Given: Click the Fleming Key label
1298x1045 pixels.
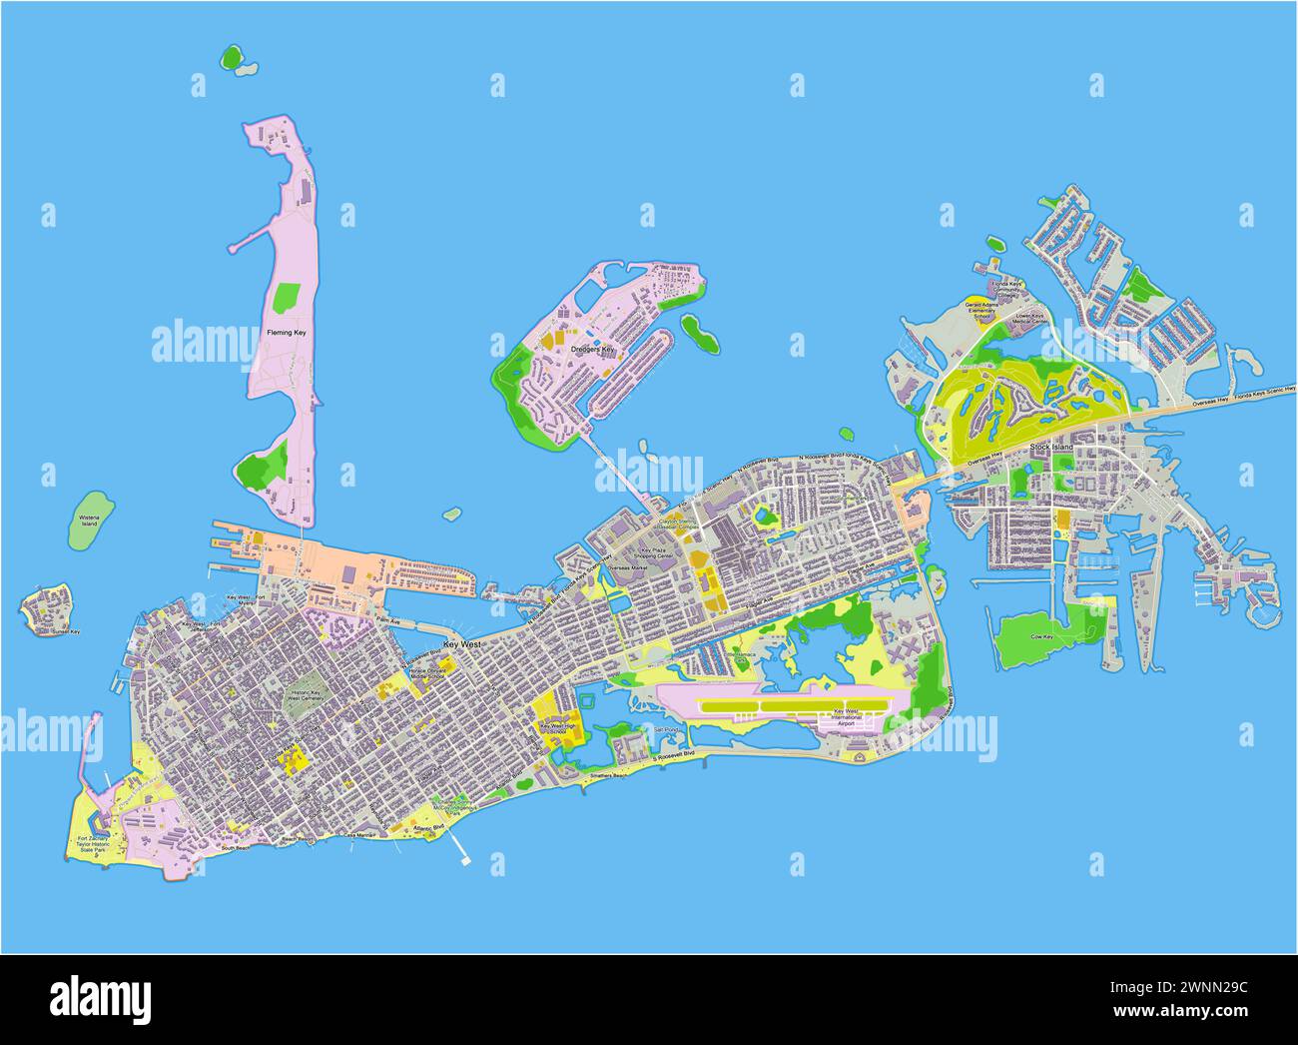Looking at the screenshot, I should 286,332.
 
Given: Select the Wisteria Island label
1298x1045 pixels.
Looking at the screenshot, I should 88,521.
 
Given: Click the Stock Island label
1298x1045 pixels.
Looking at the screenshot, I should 1051,447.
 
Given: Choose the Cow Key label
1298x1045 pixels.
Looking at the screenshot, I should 1041,635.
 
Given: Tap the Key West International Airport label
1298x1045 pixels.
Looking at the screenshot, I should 845,717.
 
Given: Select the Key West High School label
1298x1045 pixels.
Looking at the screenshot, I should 559,729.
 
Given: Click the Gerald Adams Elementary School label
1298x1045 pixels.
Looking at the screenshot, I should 983,309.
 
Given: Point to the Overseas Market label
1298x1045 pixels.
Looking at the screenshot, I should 627,567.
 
